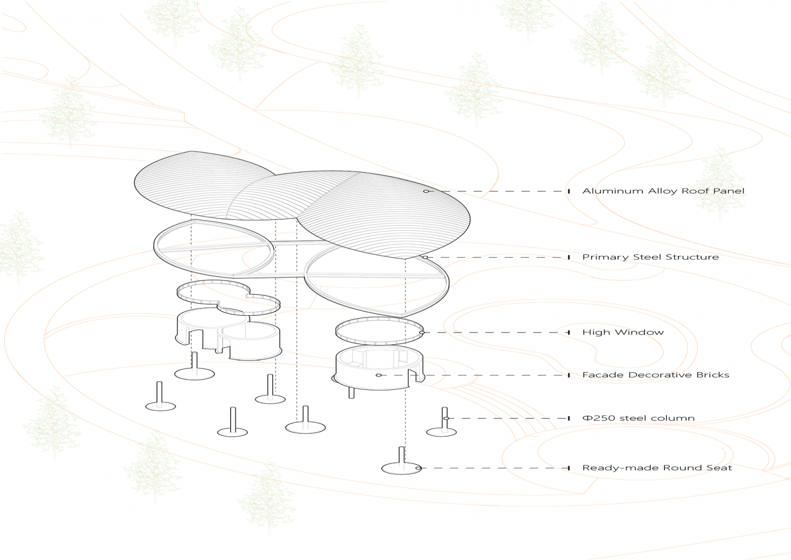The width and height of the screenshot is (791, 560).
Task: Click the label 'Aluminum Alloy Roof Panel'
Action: tap(663, 191)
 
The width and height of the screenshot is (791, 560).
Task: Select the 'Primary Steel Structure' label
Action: tap(650, 257)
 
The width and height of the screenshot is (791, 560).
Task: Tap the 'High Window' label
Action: tap(623, 332)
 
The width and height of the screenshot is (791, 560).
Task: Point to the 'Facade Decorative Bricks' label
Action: tap(655, 375)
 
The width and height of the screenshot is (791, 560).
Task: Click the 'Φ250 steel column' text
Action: tap(638, 418)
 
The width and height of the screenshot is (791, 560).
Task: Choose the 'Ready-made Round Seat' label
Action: tap(657, 468)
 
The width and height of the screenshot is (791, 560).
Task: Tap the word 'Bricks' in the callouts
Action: tap(713, 375)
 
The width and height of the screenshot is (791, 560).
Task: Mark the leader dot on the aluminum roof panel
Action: tap(426, 191)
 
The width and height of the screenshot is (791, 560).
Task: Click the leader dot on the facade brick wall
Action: tap(379, 375)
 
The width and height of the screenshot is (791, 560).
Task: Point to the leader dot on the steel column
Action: tap(446, 418)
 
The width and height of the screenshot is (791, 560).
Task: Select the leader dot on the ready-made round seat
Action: tap(418, 468)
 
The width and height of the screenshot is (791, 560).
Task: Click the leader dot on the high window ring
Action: tap(422, 332)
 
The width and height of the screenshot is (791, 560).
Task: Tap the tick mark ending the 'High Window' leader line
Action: tap(569, 332)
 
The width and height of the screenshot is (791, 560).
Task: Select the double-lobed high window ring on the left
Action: tap(228, 298)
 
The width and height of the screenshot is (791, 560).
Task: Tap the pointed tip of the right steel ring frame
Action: tap(404, 315)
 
